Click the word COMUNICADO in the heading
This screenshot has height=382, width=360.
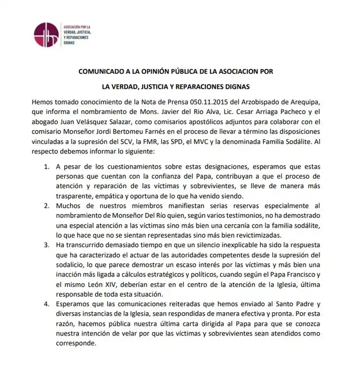(105, 72)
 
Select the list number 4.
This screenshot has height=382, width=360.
(47, 303)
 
